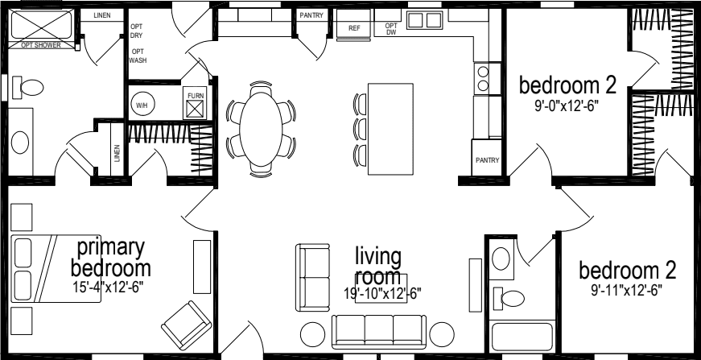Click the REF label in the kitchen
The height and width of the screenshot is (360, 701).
pos(353,28)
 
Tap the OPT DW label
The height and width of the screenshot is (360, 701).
pos(391,29)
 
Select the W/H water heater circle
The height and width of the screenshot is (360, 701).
pos(142,105)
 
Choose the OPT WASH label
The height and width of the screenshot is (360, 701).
pos(138,56)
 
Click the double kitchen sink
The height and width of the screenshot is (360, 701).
pos(424,21)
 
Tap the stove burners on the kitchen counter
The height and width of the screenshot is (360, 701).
pos(483,78)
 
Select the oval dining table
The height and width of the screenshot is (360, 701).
pos(261,127)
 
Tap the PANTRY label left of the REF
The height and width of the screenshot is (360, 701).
pos(311,15)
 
